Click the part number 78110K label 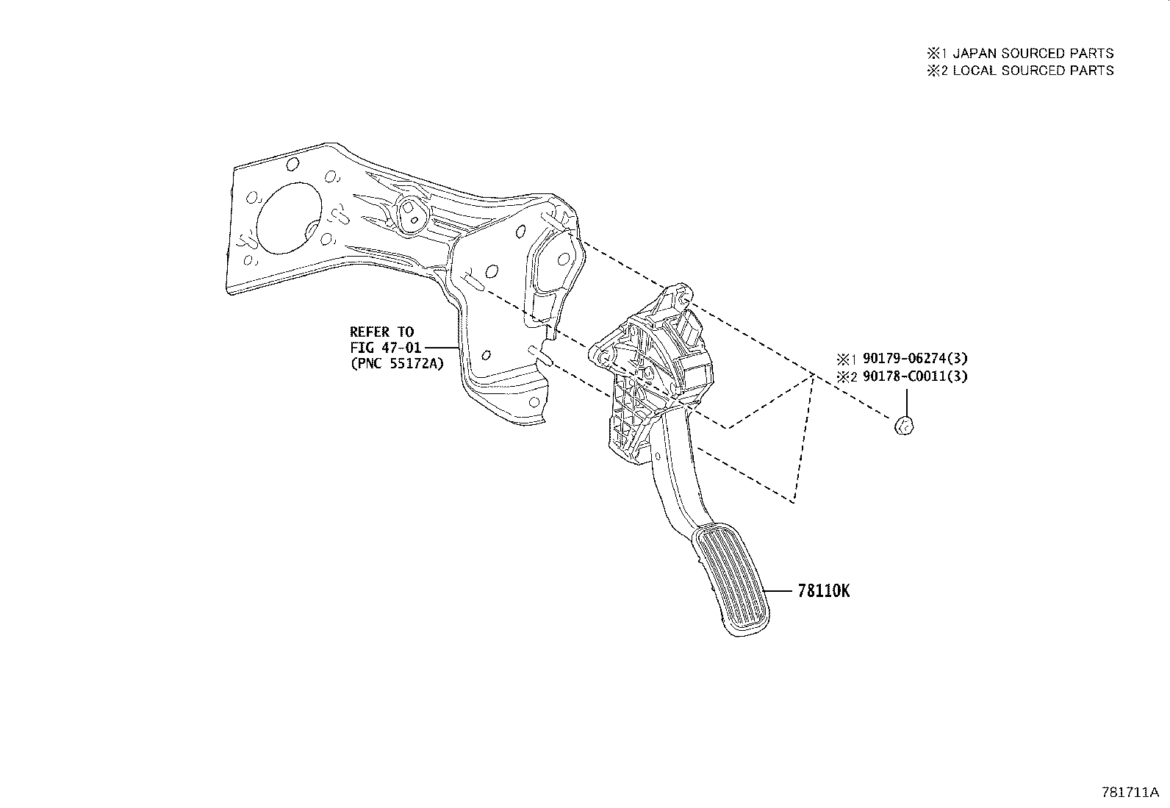[824, 591]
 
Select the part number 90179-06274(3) [915, 359]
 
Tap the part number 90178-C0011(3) [915, 376]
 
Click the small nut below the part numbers [904, 426]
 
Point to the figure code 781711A [1130, 793]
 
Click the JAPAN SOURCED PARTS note [1033, 54]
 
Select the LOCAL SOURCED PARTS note [1033, 71]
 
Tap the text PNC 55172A [397, 363]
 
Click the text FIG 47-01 [386, 348]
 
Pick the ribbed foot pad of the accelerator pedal [731, 579]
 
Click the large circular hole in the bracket [289, 218]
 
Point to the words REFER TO [382, 332]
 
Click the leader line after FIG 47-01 [442, 348]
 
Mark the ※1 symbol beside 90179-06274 [847, 359]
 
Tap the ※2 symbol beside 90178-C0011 [847, 377]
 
